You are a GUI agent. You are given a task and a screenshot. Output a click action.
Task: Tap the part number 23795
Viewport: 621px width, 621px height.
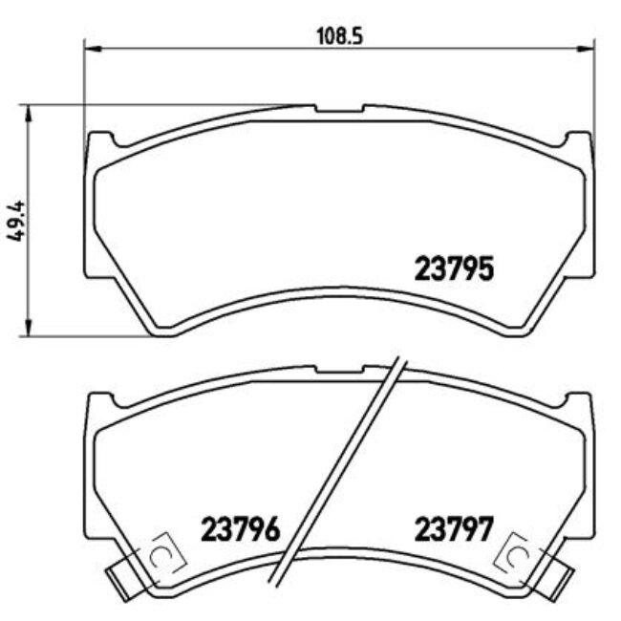tap(454, 269)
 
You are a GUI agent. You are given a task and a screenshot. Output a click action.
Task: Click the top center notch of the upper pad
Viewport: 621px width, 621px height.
tap(338, 110)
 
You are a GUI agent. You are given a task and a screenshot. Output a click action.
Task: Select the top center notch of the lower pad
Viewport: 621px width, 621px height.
tap(338, 369)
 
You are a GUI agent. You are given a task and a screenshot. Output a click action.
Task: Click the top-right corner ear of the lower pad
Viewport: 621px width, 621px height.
tap(579, 402)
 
